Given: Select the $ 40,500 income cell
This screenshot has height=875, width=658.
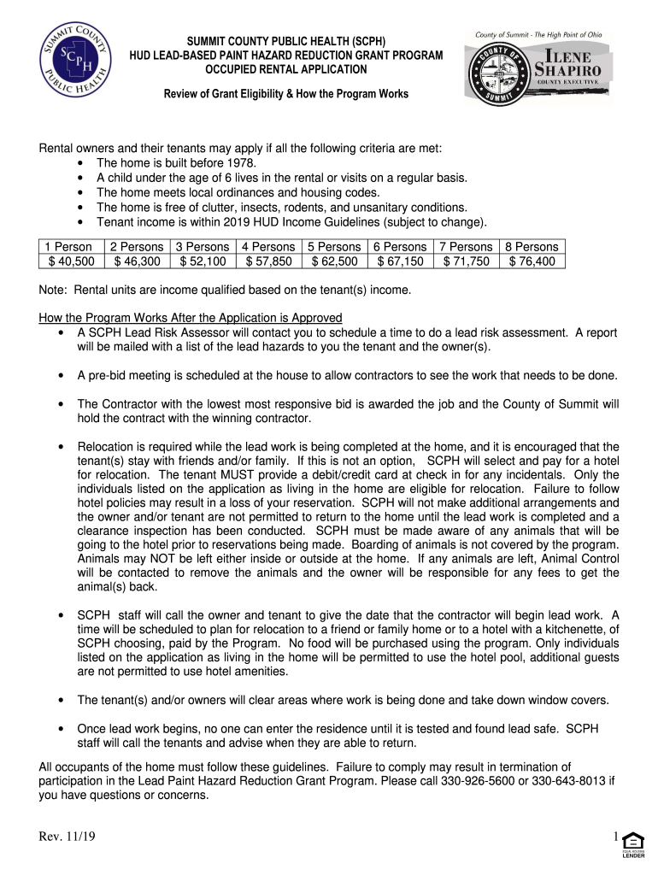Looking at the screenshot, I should (70, 261).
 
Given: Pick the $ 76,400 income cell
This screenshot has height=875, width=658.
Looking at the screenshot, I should (532, 261).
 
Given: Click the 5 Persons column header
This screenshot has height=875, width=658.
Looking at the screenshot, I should (336, 247).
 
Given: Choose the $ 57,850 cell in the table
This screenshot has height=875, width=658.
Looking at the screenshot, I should (269, 261).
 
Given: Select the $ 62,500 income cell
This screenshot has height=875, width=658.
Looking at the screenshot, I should (336, 261).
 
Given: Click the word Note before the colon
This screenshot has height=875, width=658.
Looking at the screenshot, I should (53, 290).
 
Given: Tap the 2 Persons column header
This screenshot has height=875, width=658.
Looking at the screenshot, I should (137, 247).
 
